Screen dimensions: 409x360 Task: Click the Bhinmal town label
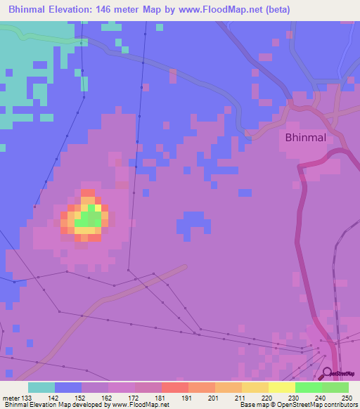305,138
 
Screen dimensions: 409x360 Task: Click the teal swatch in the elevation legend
41,387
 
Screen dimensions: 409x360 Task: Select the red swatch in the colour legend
175,387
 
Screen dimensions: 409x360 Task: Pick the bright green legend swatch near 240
309,387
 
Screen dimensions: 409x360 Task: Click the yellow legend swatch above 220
255,387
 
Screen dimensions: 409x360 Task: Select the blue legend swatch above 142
68,387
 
